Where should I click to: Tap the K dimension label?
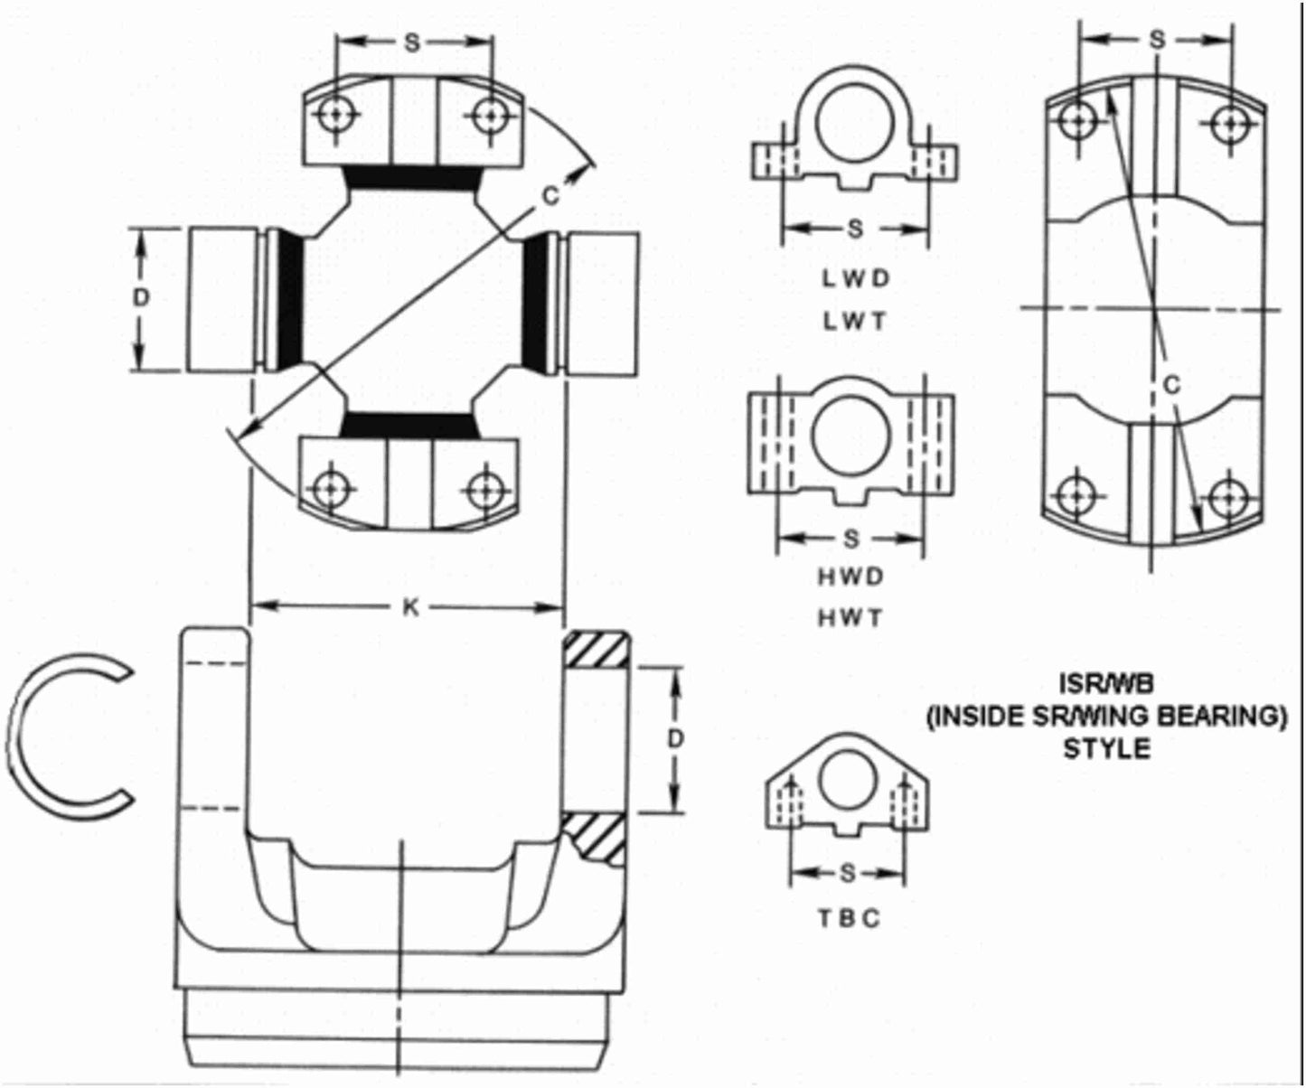[410, 608]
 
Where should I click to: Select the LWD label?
[855, 278]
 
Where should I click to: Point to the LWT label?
[855, 320]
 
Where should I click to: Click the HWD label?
[850, 577]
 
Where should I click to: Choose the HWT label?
[850, 618]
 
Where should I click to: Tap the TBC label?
[849, 918]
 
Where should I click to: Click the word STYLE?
[1106, 749]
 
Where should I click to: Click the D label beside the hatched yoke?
[675, 739]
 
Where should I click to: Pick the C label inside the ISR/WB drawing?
[1172, 385]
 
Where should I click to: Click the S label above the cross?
[412, 43]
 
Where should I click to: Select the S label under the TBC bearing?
[847, 873]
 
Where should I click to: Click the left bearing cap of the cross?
[222, 300]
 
